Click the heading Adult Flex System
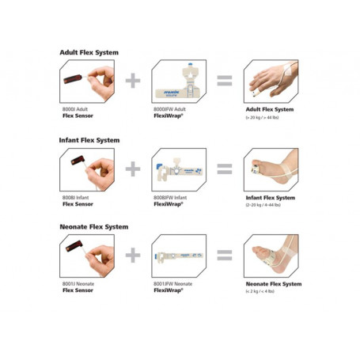coord(89,52)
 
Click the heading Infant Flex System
coord(89,140)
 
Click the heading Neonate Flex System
coord(94,227)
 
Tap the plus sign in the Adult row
coord(135,81)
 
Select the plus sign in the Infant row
coord(135,169)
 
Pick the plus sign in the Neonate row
coord(135,255)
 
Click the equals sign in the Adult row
coord(225,81)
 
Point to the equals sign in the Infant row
coord(225,169)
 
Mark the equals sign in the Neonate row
coord(225,255)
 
